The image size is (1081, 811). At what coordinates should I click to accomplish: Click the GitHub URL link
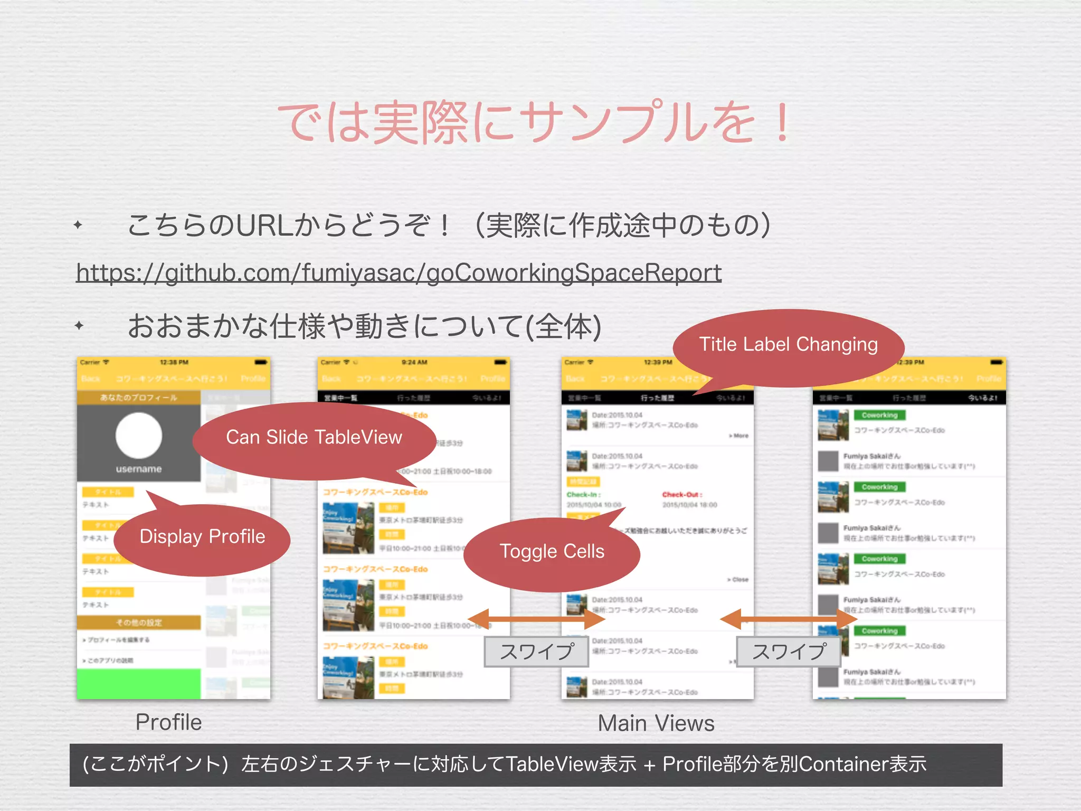coord(399,273)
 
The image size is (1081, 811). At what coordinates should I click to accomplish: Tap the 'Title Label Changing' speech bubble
coord(788,345)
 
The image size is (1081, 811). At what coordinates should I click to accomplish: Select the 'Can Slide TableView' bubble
coord(314,438)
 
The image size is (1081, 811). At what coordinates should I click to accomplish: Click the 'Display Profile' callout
coord(202,537)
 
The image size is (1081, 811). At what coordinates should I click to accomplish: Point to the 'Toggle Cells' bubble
coord(552,552)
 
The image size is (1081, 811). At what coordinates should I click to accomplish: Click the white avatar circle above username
coord(139,436)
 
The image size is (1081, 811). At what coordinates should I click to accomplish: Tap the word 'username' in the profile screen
coord(139,469)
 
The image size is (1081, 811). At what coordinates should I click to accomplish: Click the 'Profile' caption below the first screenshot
coord(168,722)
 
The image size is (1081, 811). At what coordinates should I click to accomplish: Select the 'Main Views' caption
coord(656,723)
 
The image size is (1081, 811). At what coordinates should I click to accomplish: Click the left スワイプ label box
coord(536,652)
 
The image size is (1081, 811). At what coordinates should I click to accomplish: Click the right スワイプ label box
coord(789,652)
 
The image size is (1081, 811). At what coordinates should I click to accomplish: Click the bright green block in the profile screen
coord(139,684)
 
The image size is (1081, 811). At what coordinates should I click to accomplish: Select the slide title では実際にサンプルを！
coord(533,122)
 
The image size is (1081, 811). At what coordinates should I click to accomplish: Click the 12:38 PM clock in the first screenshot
coord(174,362)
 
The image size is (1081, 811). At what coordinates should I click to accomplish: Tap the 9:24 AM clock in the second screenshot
coord(414,362)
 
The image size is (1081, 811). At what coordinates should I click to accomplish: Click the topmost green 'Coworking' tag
coord(879,415)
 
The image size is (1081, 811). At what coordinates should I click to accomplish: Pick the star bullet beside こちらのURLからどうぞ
coord(78,225)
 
